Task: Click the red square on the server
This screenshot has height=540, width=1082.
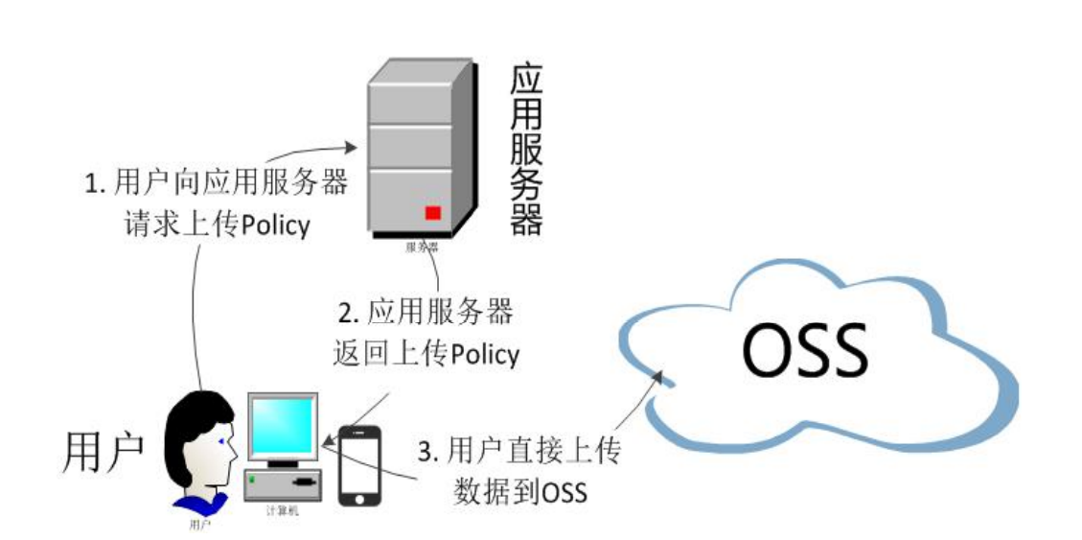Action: (433, 213)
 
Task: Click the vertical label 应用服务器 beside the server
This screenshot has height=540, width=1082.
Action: (526, 150)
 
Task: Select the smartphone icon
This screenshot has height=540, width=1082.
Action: (359, 466)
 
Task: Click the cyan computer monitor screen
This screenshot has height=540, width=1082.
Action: (283, 428)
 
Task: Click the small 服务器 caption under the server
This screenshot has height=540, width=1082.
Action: (422, 247)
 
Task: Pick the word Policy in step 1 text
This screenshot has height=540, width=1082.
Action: (276, 225)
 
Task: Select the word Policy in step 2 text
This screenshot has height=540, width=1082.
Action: (485, 354)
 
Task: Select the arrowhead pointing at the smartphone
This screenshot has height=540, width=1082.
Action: (329, 442)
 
